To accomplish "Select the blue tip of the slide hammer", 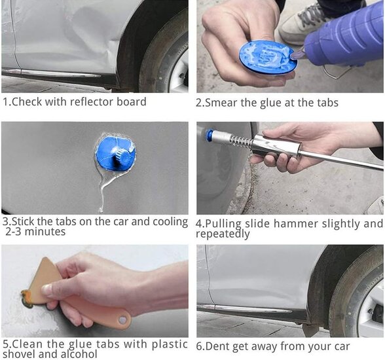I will coord(210,135).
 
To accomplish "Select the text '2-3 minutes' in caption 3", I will coord(35,232).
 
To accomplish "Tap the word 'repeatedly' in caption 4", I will coord(223,234).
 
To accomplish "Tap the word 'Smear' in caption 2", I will coord(223,103).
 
